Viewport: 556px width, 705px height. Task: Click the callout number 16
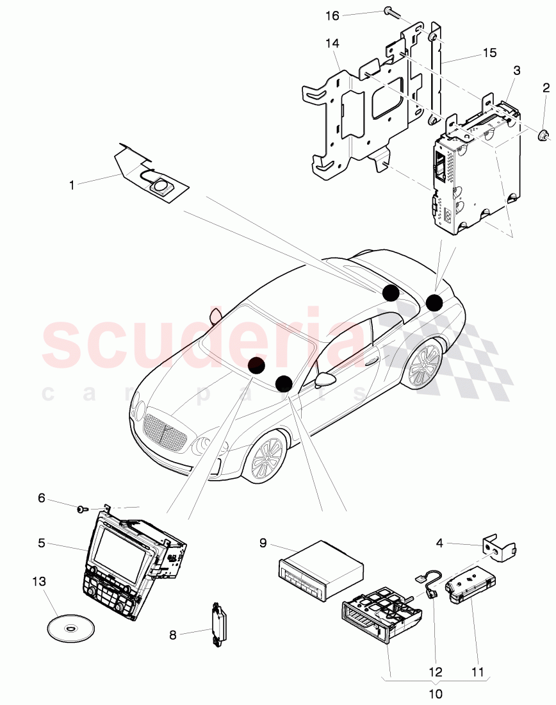(x=332, y=16)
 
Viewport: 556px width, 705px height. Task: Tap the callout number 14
(x=332, y=44)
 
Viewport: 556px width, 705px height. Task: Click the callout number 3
(x=517, y=70)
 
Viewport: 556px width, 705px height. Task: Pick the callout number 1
(x=72, y=185)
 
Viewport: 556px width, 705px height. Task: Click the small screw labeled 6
(x=82, y=509)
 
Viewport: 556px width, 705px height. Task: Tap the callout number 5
(x=42, y=543)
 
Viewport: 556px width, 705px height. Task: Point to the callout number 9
(x=263, y=543)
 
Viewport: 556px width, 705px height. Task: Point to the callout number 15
(x=490, y=53)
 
